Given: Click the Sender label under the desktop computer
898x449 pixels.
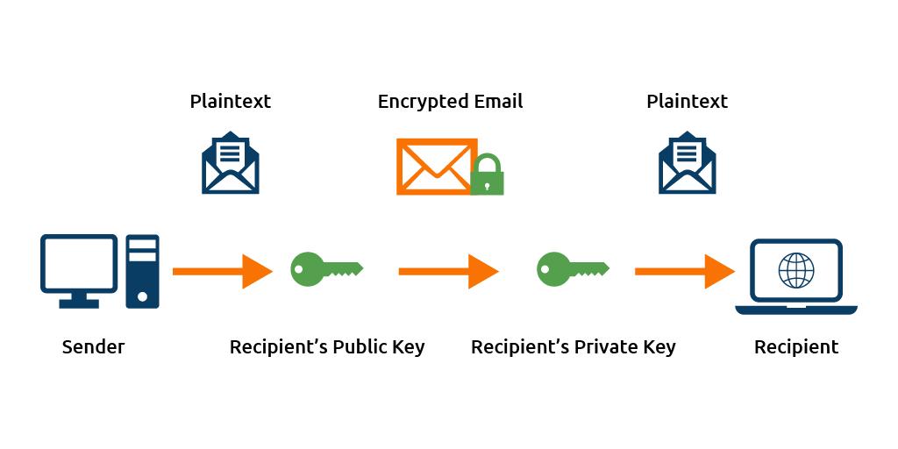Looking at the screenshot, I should tap(93, 346).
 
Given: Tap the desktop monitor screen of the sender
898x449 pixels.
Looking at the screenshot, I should tap(78, 263).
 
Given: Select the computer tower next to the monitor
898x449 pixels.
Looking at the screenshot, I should tap(142, 271).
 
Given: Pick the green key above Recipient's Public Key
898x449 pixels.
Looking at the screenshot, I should tap(325, 267).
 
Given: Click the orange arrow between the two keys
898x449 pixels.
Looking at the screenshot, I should tap(448, 271).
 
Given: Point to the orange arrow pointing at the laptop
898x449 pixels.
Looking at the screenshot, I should tap(684, 271).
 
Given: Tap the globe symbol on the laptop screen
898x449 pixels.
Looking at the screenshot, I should tap(796, 271).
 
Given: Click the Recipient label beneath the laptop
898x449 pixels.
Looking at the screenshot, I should tap(796, 346).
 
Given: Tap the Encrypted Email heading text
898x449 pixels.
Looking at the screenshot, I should tap(450, 102).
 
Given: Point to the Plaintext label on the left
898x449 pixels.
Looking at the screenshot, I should tap(231, 102).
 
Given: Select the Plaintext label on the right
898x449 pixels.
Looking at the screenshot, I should tap(688, 102).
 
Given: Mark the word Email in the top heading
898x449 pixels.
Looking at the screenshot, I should tap(496, 102).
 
